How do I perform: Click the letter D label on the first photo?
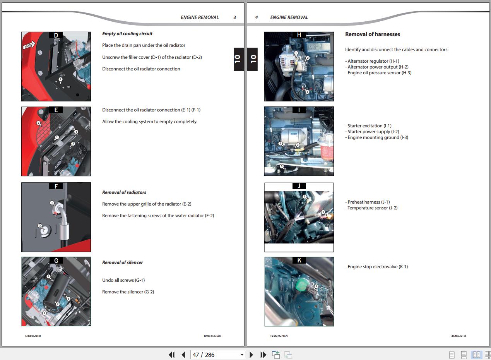(x=56, y=35)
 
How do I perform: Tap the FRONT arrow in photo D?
(x=29, y=45)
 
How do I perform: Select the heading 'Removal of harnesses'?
(x=373, y=34)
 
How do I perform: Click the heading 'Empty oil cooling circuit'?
(x=127, y=34)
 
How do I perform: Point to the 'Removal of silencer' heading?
(x=122, y=262)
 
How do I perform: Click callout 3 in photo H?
(x=307, y=92)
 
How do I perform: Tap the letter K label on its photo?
(x=299, y=260)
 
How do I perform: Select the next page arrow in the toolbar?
(x=251, y=355)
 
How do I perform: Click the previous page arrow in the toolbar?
(x=184, y=355)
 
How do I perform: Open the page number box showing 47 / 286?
(x=217, y=355)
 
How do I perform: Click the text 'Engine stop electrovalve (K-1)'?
(x=378, y=267)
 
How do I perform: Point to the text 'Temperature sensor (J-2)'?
(x=373, y=208)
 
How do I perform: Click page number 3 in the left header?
(x=234, y=17)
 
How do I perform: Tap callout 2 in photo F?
(x=40, y=226)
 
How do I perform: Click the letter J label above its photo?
(x=299, y=186)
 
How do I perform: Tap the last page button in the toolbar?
(x=263, y=355)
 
